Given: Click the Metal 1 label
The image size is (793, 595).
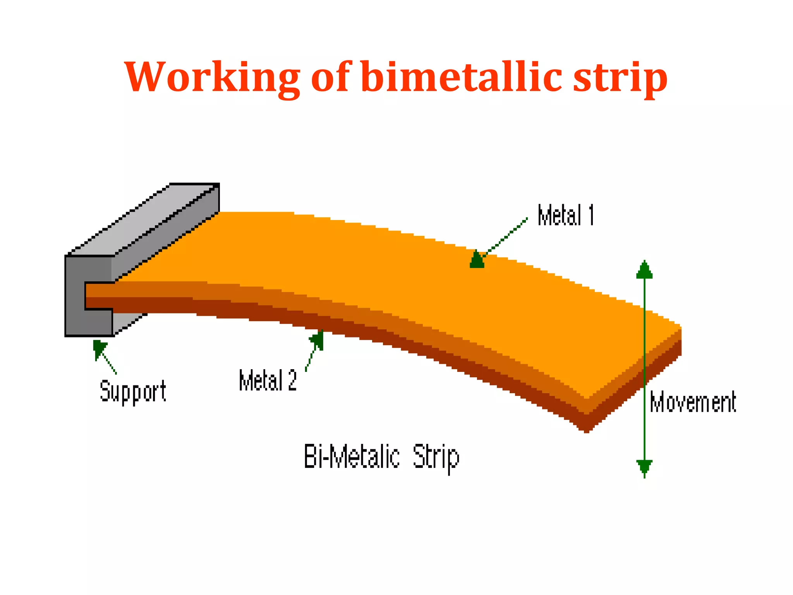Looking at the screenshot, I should [565, 215].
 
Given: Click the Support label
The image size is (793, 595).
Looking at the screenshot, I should [133, 391].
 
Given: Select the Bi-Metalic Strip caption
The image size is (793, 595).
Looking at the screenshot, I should [381, 457].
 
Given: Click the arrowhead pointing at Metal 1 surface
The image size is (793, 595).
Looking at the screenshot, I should [477, 260].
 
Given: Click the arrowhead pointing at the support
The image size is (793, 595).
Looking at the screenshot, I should [99, 347].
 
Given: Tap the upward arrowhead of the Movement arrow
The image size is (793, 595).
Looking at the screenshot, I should [644, 270].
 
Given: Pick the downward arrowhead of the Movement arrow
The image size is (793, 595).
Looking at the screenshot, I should [644, 468].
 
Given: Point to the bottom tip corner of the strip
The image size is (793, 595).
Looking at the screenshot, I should [587, 430].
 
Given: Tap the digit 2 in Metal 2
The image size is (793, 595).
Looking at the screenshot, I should [292, 380].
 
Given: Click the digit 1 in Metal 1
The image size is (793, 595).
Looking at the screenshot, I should [591, 215].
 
